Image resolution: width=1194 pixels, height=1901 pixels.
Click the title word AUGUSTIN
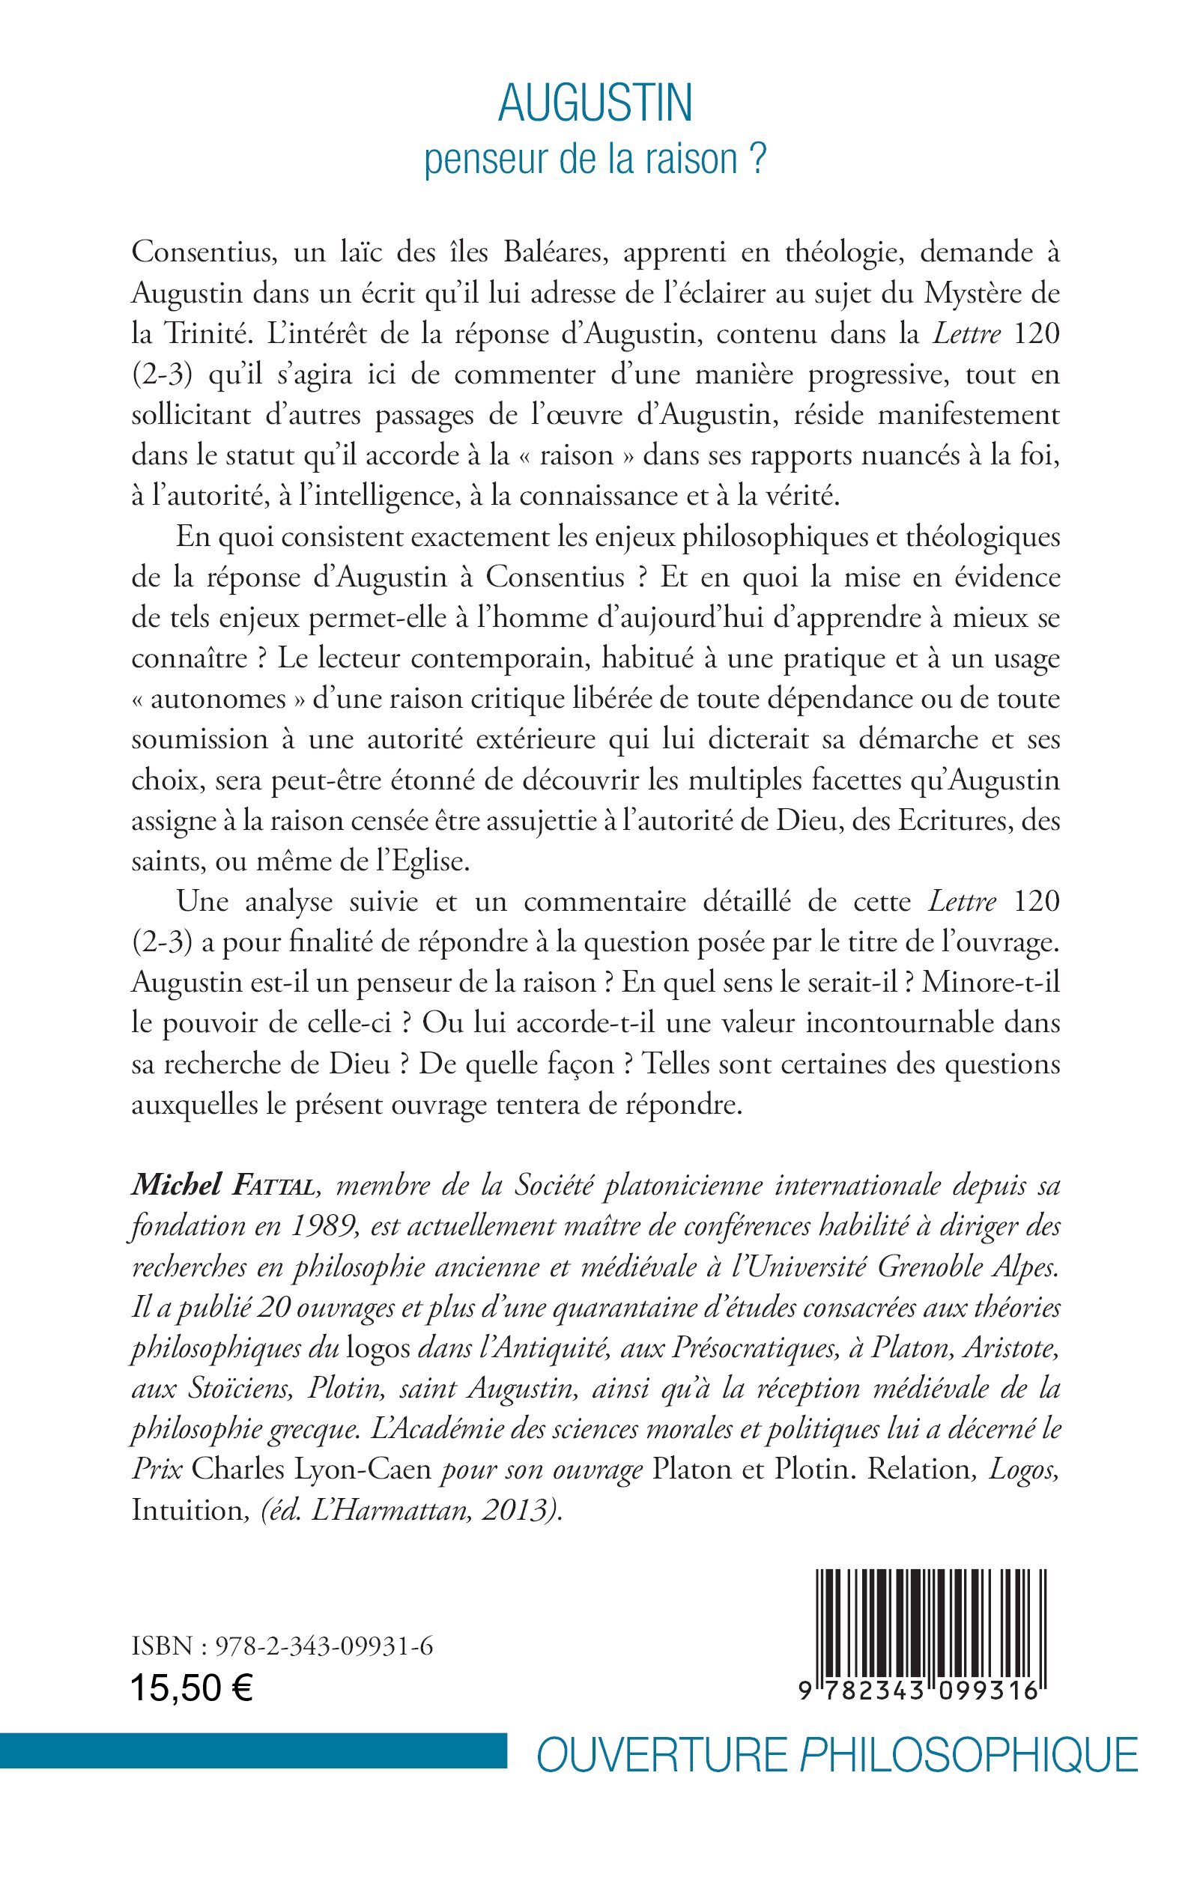pyautogui.click(x=596, y=103)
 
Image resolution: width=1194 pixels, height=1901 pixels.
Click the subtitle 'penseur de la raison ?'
pyautogui.click(x=596, y=160)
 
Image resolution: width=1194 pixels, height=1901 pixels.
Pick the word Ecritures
pyautogui.click(x=957, y=821)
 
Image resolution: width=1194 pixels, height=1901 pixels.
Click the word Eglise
pyautogui.click(x=427, y=861)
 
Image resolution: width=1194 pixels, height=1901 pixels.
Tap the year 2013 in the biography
pyautogui.click(x=518, y=1510)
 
